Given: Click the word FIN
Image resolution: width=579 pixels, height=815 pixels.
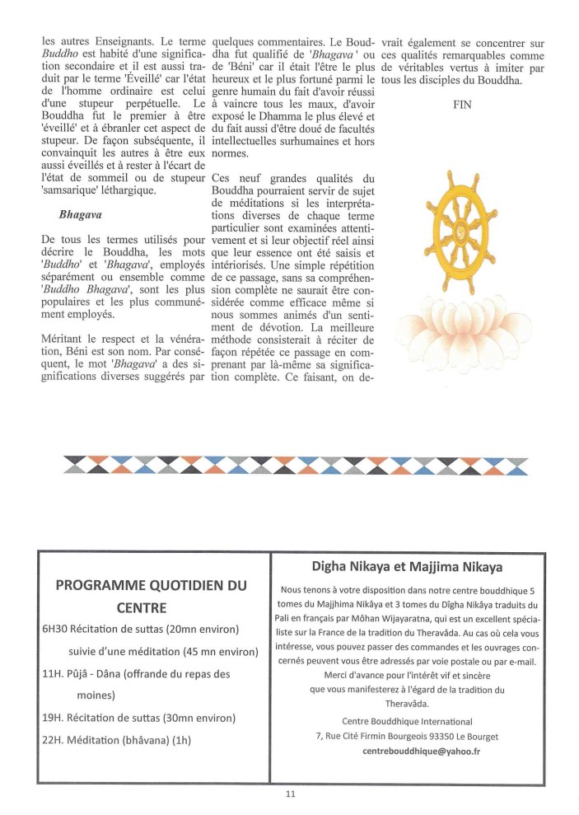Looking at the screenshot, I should (462, 105).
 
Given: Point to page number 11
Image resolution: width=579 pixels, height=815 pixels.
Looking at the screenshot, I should (290, 794).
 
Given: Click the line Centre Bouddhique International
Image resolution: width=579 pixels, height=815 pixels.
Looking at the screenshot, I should (407, 721).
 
